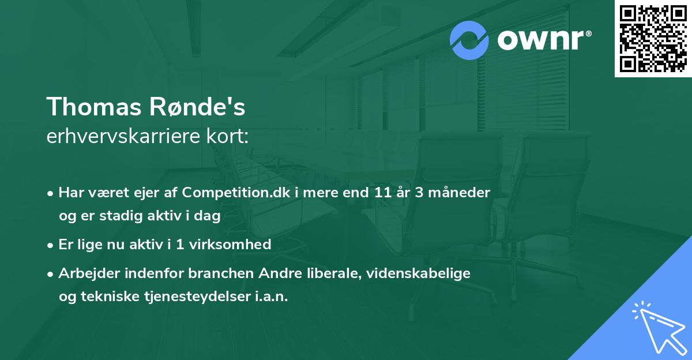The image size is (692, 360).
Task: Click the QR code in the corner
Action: click(x=653, y=38)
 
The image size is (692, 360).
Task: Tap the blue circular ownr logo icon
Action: click(x=469, y=40)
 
